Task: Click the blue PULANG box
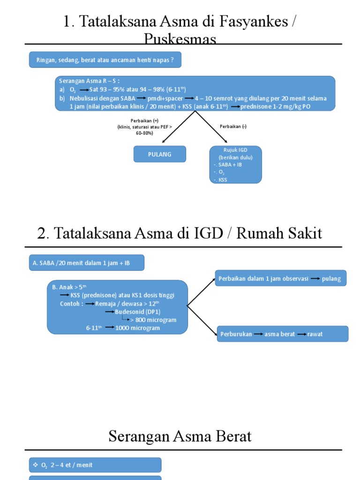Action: click(x=160, y=154)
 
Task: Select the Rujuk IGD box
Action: click(x=235, y=164)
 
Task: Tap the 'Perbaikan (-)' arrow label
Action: click(x=233, y=127)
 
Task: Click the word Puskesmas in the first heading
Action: click(x=180, y=39)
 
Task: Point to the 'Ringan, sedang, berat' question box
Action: click(x=105, y=60)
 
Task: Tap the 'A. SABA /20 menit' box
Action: click(x=87, y=263)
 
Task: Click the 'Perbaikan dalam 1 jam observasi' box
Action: click(x=280, y=278)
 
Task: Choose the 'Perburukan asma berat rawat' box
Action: click(x=282, y=334)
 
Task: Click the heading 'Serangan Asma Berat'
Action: click(x=180, y=436)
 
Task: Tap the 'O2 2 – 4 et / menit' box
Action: click(x=95, y=465)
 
